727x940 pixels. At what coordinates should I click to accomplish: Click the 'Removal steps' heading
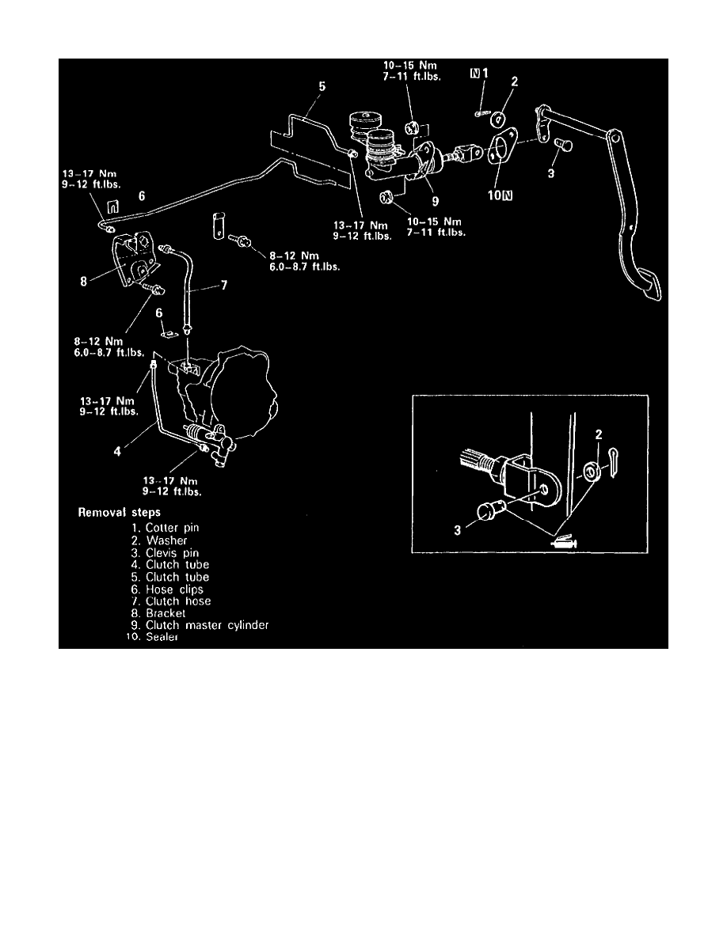coord(118,513)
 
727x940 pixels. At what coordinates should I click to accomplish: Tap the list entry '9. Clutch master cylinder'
coord(207,625)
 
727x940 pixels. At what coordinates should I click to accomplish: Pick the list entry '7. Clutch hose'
coord(177,601)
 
